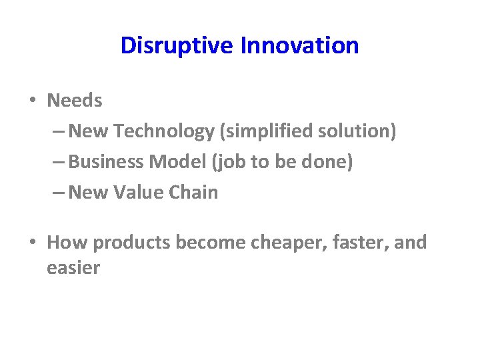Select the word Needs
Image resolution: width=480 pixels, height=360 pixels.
coord(75,101)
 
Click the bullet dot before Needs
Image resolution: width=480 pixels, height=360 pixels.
coord(32,101)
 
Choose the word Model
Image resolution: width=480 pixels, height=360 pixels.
coord(173,162)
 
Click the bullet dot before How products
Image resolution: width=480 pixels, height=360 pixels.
coord(32,243)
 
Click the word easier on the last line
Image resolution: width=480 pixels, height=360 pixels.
coord(73,268)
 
